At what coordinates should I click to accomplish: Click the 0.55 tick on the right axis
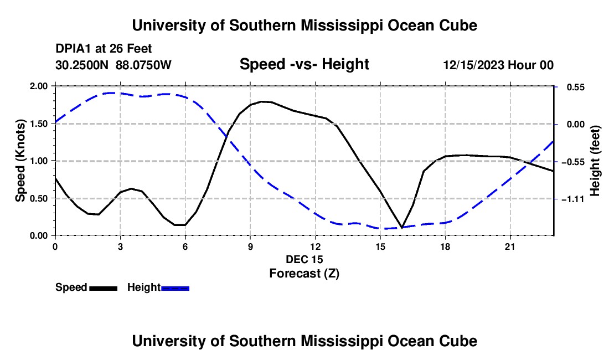click(576, 88)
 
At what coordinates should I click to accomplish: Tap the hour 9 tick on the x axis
click(250, 246)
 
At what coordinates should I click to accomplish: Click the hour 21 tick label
click(510, 246)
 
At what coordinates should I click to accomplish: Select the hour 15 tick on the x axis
click(380, 246)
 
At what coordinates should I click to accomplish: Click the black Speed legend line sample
click(104, 288)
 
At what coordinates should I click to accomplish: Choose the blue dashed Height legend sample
click(175, 288)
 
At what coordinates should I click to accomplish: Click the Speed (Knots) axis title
click(20, 161)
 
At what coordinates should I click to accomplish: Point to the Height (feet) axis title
click(595, 161)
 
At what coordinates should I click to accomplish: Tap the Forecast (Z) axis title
click(304, 274)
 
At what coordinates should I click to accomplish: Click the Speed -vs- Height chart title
click(304, 64)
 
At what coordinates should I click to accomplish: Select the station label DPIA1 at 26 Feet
click(104, 49)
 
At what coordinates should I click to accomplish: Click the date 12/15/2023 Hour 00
click(498, 65)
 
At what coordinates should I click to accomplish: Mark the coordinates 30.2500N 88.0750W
click(113, 65)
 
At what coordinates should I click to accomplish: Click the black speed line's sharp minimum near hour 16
click(401, 228)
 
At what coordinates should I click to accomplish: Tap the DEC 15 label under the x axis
click(304, 259)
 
